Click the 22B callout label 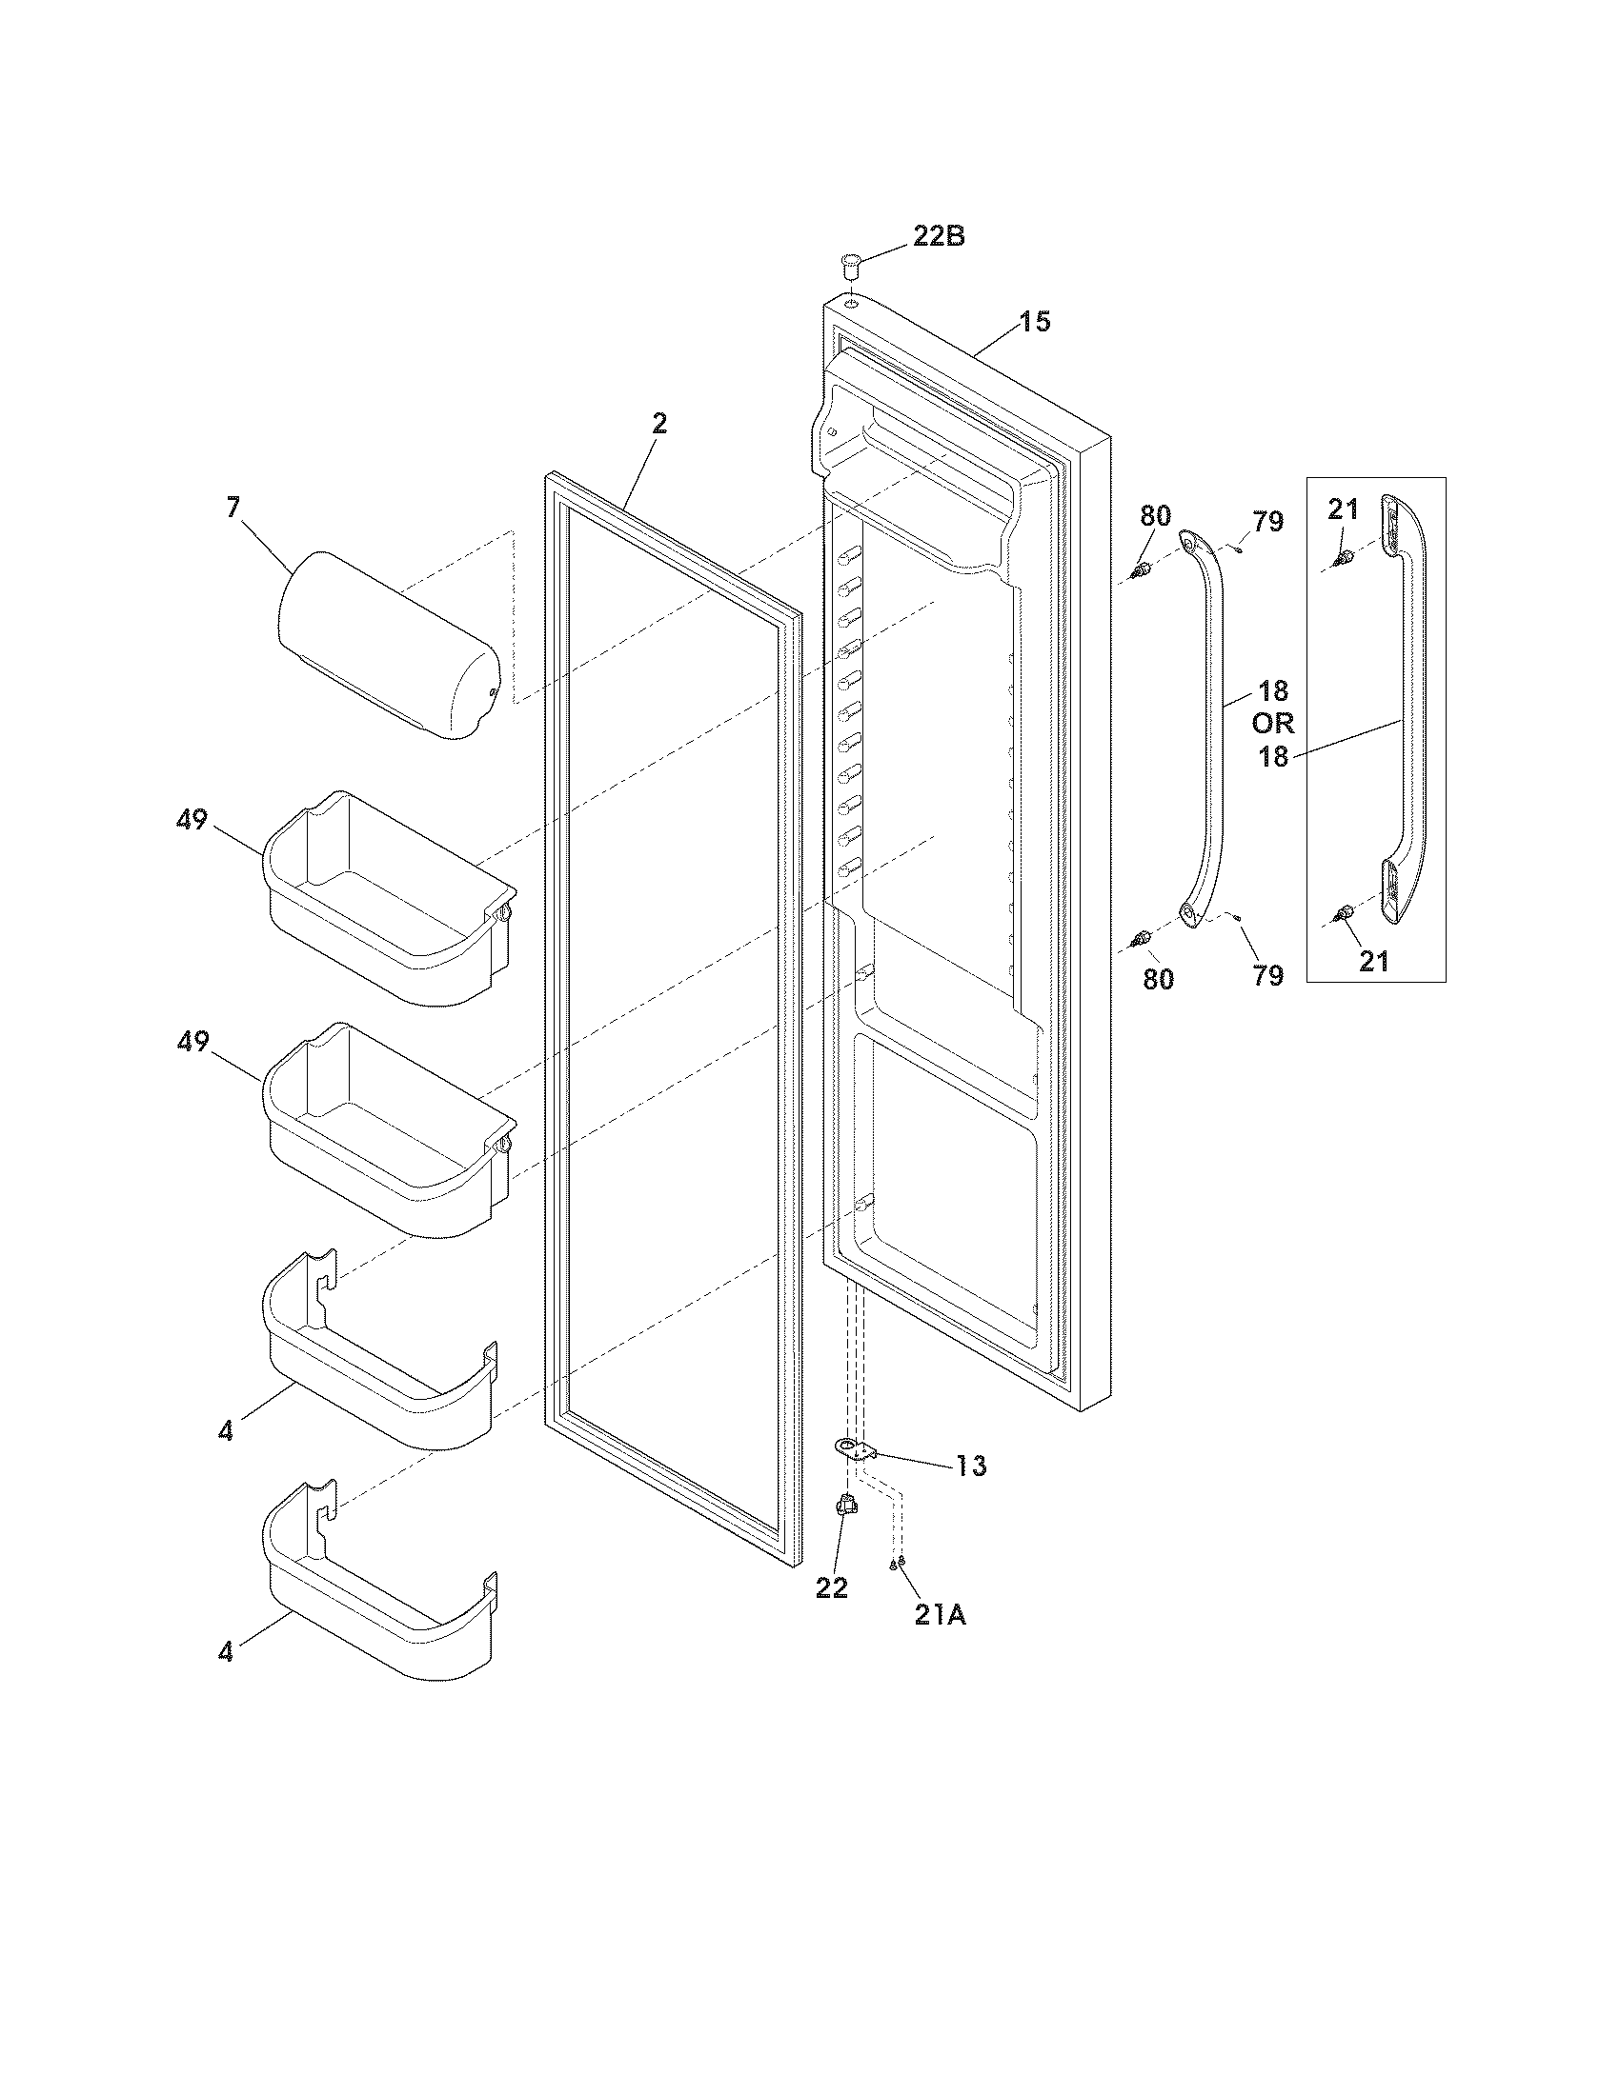point(938,236)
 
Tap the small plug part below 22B point(850,261)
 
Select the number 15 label point(1034,322)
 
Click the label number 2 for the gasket point(659,424)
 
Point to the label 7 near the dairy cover point(233,508)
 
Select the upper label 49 point(192,820)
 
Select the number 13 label point(970,1466)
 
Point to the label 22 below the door point(832,1588)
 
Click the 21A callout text point(940,1615)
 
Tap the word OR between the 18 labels point(1272,723)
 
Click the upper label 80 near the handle point(1156,516)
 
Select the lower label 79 point(1267,975)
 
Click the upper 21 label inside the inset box point(1343,510)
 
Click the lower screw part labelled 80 point(1141,938)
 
